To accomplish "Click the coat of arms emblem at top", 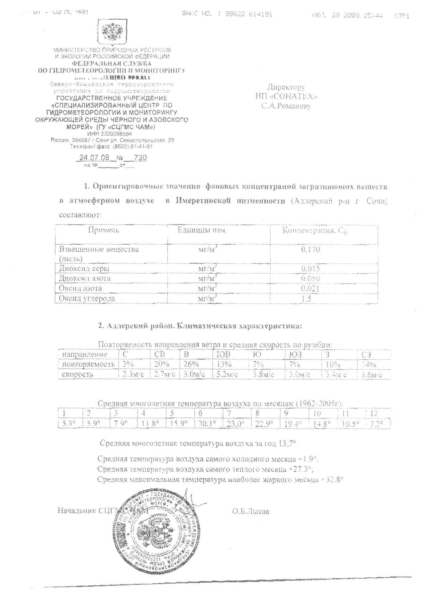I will [112, 33].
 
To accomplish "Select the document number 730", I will [140, 158].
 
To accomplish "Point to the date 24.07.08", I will [94, 158].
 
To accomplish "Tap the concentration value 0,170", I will [310, 249].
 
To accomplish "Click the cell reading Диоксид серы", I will [84, 269].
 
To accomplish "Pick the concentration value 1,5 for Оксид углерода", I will [306, 298].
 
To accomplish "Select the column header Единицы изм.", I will [202, 230].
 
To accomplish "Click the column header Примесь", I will [104, 230].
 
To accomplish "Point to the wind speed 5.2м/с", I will [227, 374].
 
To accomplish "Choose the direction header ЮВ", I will [223, 355].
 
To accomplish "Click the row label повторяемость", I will [88, 364].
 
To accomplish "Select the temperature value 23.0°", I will [235, 424].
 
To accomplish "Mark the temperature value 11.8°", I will [150, 424].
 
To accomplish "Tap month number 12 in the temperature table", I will [374, 413].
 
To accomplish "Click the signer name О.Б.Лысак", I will [251, 511].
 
